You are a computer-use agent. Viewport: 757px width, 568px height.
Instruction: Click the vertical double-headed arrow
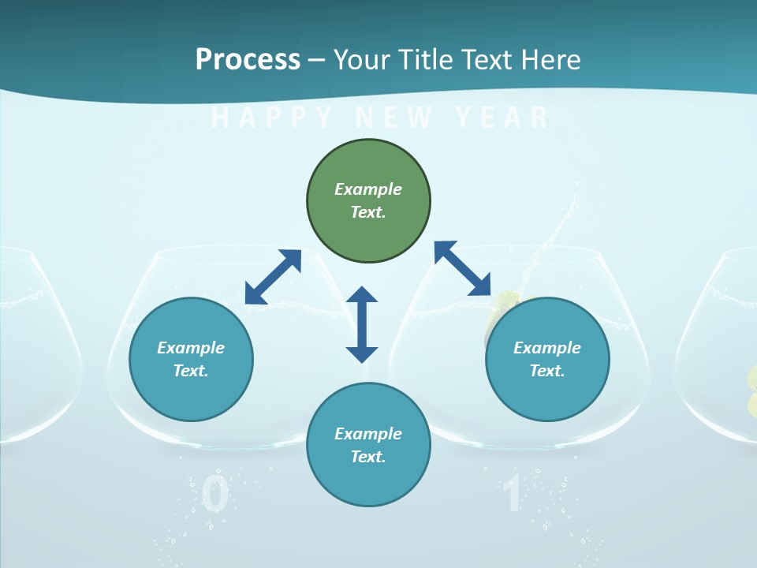362,324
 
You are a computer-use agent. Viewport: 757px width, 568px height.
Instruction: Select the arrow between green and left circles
273,277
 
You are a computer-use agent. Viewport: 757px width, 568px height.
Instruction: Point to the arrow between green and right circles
462,268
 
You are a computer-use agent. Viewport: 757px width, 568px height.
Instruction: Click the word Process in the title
248,59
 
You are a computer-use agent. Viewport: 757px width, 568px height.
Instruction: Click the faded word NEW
394,118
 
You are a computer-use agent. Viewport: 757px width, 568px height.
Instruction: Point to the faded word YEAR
502,118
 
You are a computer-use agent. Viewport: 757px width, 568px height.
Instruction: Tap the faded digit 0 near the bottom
214,495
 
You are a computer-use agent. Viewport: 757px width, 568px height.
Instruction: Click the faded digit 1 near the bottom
513,495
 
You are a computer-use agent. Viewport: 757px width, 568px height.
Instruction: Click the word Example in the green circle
368,189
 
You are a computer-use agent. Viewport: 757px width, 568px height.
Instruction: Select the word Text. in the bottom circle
368,457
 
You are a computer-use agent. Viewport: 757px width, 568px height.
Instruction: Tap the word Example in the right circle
547,348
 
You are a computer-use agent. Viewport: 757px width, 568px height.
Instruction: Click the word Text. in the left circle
191,371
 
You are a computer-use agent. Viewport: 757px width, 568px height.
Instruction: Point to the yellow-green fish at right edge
751,391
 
